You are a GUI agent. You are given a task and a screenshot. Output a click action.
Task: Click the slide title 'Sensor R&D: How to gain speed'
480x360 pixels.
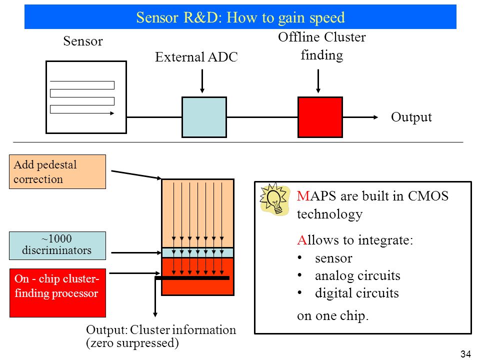[240, 17]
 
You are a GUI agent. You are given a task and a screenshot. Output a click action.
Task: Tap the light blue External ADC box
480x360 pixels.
[204, 117]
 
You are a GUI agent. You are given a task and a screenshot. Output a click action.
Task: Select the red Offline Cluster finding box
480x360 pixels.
[320, 117]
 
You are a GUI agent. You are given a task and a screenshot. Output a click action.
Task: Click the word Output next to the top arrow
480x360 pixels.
[411, 117]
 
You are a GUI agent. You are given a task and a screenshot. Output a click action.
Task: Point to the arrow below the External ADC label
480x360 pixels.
[202, 81]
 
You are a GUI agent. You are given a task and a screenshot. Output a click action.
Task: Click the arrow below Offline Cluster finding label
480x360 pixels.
[318, 81]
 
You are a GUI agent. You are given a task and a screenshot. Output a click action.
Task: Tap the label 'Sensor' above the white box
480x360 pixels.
[83, 41]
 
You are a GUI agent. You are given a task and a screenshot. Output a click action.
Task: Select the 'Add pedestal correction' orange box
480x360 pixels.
[57, 171]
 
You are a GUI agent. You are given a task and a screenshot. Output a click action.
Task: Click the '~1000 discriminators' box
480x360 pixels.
[57, 246]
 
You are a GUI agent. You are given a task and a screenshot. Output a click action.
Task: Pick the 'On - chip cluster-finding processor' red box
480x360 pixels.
[57, 293]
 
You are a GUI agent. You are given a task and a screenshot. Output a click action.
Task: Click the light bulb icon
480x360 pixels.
[274, 199]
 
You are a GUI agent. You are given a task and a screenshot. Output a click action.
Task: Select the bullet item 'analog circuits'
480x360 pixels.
[357, 275]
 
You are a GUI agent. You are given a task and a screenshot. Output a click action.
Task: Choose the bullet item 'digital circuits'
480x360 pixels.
[357, 293]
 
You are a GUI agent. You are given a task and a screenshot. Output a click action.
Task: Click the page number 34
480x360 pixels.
[465, 354]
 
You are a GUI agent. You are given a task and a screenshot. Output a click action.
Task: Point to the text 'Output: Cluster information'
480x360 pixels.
[161, 330]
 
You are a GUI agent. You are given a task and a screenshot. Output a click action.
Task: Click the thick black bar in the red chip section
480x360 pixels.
[192, 278]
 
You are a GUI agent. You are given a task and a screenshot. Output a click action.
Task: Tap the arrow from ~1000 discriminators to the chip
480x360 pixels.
[136, 253]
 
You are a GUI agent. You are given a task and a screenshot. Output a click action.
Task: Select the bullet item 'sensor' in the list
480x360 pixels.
[333, 258]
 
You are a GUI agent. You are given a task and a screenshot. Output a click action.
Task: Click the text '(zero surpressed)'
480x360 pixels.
[132, 343]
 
